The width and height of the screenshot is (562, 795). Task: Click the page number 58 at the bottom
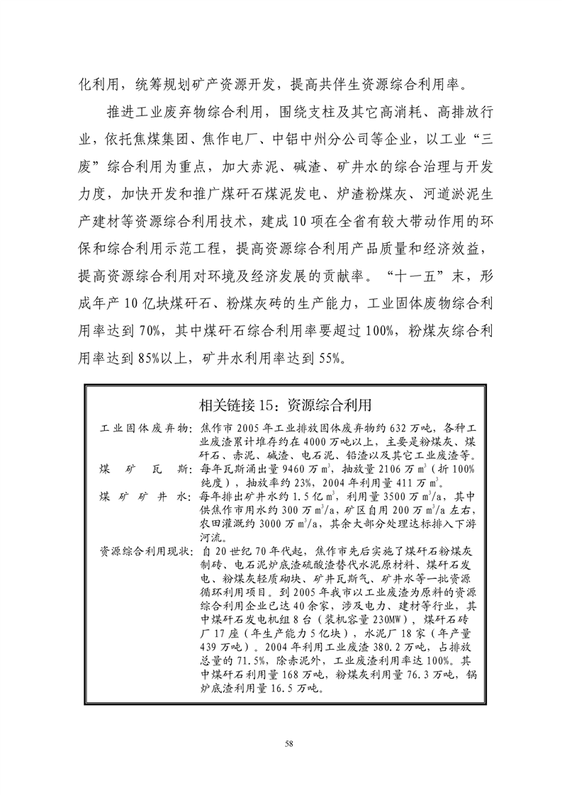[288, 743]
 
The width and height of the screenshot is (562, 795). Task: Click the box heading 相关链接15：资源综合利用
[286, 405]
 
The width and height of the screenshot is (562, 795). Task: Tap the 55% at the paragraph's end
[325, 357]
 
